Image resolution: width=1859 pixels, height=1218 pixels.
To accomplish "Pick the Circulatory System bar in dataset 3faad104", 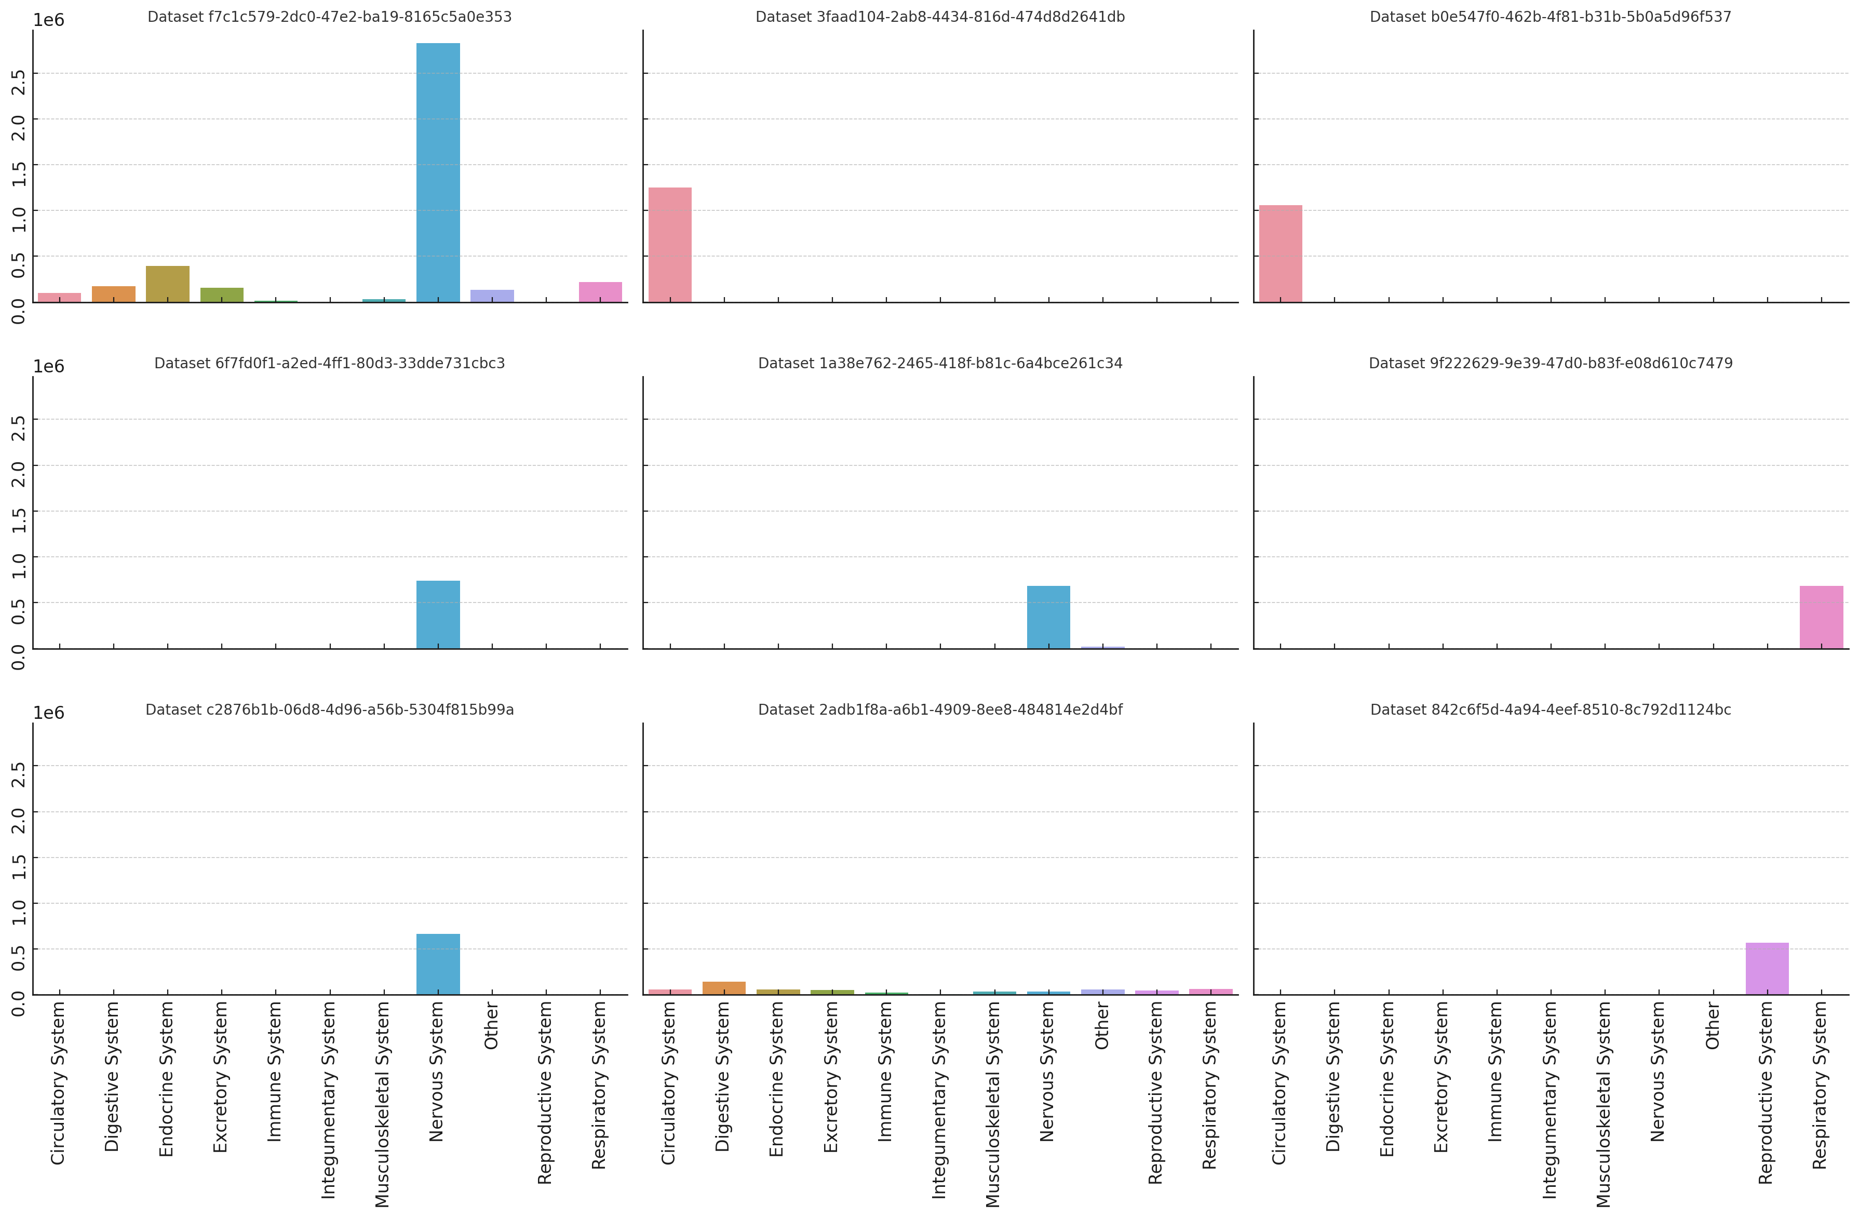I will click(x=669, y=245).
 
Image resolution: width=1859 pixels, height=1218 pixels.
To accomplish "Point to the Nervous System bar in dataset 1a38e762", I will click(x=1048, y=617).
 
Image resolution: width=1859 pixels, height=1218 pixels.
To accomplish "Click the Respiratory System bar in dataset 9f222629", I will click(x=1821, y=617).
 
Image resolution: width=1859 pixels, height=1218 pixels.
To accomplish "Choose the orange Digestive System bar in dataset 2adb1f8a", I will click(x=724, y=987).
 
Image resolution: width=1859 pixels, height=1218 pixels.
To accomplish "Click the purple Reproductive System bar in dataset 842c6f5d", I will click(x=1767, y=968).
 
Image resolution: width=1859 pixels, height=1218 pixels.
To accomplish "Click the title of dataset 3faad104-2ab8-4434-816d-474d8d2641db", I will click(x=940, y=17).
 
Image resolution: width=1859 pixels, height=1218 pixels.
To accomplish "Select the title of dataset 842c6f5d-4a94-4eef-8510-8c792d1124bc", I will click(x=1551, y=710).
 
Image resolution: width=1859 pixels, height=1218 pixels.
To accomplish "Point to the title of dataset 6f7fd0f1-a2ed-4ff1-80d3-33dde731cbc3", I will click(x=330, y=363).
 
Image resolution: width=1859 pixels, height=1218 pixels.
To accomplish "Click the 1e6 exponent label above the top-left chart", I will click(x=48, y=20).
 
